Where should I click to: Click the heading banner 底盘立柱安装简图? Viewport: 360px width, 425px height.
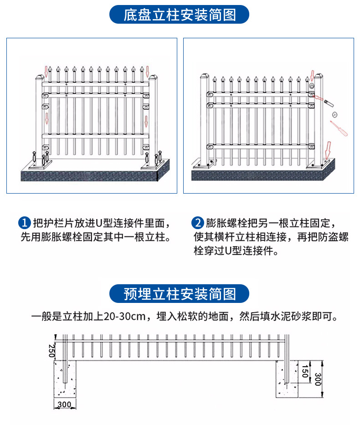pos(180,15)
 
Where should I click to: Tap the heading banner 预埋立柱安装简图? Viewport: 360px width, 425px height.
pos(180,293)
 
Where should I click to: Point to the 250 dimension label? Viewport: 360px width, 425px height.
pos(51,350)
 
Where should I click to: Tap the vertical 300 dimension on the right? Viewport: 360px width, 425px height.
pos(318,378)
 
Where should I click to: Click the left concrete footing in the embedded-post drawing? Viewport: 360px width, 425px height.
pos(65,378)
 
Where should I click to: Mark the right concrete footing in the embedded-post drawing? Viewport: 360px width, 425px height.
pos(287,378)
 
